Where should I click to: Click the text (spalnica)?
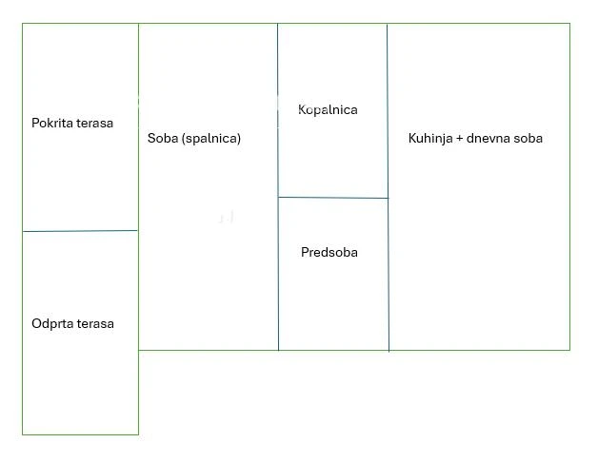(x=211, y=139)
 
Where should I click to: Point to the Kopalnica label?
(x=328, y=110)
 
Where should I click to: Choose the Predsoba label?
(x=329, y=253)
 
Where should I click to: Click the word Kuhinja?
(x=430, y=139)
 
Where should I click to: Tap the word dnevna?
(x=489, y=139)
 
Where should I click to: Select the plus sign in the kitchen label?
(x=461, y=139)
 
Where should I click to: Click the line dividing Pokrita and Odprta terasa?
(x=80, y=231)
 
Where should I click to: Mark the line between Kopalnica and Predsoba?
(x=333, y=198)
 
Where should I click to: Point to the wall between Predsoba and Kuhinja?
(x=389, y=276)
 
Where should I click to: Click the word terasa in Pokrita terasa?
(x=95, y=124)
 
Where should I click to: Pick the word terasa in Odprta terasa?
(x=94, y=324)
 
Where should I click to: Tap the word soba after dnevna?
(x=528, y=139)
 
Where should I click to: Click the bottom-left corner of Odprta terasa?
(x=23, y=434)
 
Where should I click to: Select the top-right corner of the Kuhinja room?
(x=569, y=24)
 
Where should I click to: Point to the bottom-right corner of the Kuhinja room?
(x=569, y=350)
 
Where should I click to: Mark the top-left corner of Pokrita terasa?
(x=23, y=24)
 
